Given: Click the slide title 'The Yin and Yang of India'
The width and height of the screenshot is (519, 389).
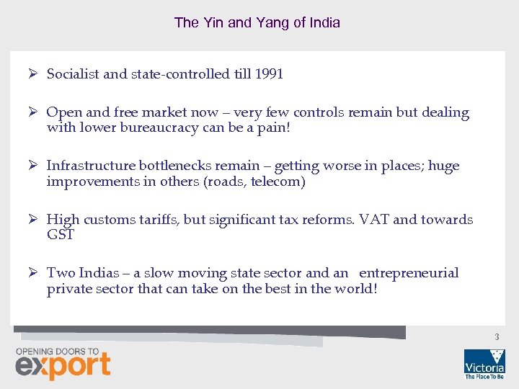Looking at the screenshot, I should coord(257,22).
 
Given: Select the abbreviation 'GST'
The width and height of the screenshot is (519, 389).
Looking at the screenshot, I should coord(61,235).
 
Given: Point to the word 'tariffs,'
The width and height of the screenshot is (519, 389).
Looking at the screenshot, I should coord(156,219).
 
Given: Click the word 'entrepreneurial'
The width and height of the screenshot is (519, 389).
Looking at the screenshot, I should coord(408,272).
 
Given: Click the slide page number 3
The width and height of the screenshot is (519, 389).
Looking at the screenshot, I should coord(497,337).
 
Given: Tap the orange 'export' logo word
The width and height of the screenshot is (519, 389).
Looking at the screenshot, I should coord(63,366).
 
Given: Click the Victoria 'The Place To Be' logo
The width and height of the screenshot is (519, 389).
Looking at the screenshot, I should coord(484,364).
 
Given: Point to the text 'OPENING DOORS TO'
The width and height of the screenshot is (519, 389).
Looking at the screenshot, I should coord(57,351).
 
